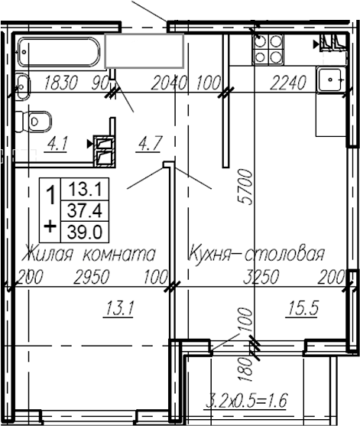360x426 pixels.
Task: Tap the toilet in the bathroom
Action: (37, 121)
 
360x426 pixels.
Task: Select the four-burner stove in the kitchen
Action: (268, 48)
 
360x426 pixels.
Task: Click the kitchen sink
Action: (332, 78)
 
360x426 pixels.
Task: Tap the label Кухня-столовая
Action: (256, 253)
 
